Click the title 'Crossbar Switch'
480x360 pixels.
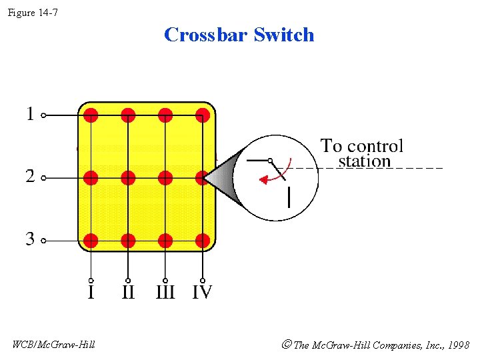239,35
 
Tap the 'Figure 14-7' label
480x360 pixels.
33,12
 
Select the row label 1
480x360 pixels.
29,115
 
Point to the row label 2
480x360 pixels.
29,177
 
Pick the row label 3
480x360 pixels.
29,239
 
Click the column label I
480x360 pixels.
91,292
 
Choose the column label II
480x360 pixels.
128,292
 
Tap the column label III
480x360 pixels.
165,292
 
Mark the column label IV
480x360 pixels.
202,292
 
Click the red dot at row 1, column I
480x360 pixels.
91,115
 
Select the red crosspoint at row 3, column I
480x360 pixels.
91,241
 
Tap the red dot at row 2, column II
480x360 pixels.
128,178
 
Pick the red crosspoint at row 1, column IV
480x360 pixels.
203,115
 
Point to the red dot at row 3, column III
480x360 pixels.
165,241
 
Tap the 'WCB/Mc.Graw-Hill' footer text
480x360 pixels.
54,344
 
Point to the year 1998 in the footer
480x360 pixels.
458,345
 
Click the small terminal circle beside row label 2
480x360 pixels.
43,178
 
